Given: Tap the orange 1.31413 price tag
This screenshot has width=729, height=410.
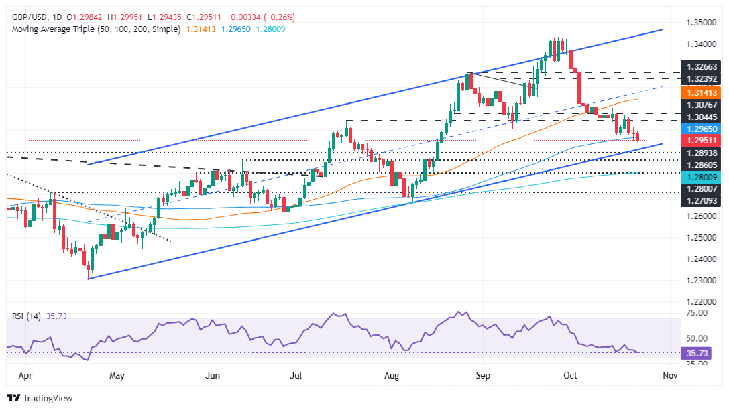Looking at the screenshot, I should pos(699,92).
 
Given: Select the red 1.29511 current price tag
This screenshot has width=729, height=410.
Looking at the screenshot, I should pos(699,140).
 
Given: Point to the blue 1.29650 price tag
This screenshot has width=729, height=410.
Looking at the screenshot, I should pos(699,127).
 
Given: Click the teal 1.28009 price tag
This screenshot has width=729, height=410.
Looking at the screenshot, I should pos(699,178).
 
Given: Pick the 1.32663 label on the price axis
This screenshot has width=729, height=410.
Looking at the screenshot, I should pos(699,67).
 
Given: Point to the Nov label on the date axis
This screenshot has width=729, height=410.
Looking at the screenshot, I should pos(670,374).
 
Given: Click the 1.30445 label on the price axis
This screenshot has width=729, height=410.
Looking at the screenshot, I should pos(699,115).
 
